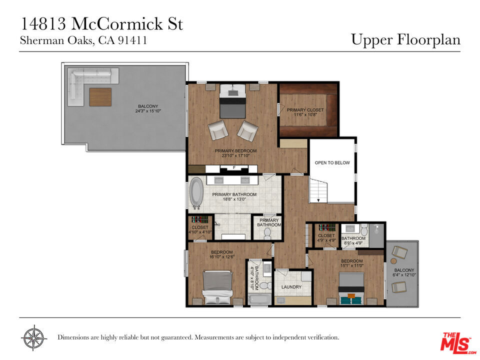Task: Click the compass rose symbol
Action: tap(34, 337)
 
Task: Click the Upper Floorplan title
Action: tap(405, 40)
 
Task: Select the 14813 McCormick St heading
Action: tap(101, 24)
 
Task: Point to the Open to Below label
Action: tap(332, 163)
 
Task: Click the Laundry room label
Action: tap(291, 287)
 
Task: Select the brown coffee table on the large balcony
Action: tap(100, 97)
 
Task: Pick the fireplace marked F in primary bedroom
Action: tap(234, 168)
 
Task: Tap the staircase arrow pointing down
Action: tap(318, 200)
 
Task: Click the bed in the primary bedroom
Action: tap(232, 101)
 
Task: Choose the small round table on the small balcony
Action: tap(393, 261)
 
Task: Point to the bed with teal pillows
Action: tap(351, 288)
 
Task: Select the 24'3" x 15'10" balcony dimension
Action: tap(148, 111)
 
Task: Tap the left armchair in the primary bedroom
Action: tap(218, 130)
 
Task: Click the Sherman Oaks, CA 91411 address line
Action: tap(83, 40)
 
